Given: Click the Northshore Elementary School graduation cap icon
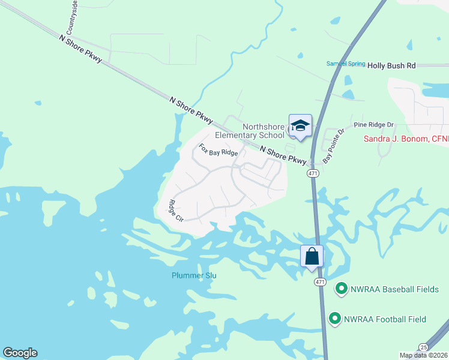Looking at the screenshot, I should [x=300, y=126].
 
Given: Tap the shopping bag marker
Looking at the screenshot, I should [x=312, y=256].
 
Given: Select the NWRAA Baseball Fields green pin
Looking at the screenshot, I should [x=341, y=289].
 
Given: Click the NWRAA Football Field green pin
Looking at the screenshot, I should [x=334, y=319].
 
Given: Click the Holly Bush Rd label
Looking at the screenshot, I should [x=391, y=65].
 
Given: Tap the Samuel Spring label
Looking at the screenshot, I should [x=345, y=64].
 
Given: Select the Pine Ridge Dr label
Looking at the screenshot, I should [x=373, y=125].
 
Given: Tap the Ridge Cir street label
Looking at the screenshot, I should [x=175, y=211].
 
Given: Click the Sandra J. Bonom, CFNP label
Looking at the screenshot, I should [x=406, y=139].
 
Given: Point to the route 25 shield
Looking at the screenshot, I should [x=424, y=347].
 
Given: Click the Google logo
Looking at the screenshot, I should [x=20, y=353].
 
